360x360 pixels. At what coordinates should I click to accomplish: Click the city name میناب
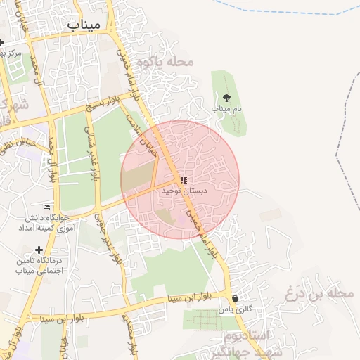click(x=84, y=25)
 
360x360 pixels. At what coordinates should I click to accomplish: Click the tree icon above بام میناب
click(x=226, y=98)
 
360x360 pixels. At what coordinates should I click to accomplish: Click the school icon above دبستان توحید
click(x=184, y=180)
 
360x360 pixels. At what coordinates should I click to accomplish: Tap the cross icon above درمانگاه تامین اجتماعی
click(x=39, y=250)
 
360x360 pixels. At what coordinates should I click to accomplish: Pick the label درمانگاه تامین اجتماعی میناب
click(x=39, y=265)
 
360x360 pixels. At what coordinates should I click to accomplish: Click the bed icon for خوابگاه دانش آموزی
click(x=47, y=207)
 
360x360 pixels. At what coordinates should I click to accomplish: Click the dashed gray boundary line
click(x=345, y=141)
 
